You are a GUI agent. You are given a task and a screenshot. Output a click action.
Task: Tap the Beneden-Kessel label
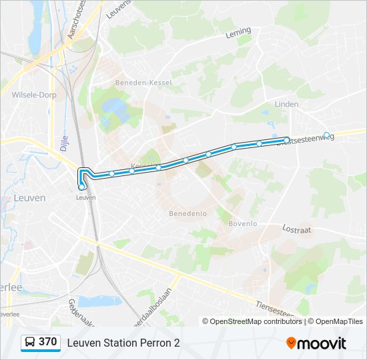click(143, 82)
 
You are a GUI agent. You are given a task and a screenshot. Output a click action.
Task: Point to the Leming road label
click(238, 32)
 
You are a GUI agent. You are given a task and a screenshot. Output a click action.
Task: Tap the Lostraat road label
click(296, 229)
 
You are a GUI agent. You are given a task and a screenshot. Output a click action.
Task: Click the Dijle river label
click(65, 141)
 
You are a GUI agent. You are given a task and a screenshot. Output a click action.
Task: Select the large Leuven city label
click(29, 198)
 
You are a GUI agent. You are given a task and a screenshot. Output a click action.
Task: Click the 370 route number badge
click(47, 342)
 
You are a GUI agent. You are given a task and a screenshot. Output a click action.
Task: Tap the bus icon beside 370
click(30, 343)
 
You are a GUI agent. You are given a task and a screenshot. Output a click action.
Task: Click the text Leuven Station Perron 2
click(123, 343)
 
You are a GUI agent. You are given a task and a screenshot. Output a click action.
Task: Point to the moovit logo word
click(322, 343)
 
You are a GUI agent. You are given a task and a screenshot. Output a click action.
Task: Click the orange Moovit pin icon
click(291, 343)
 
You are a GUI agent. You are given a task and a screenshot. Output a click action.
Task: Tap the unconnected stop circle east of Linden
click(326, 135)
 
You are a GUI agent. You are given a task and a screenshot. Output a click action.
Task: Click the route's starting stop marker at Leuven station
click(81, 187)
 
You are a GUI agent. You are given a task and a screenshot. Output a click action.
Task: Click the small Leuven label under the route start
click(85, 197)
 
